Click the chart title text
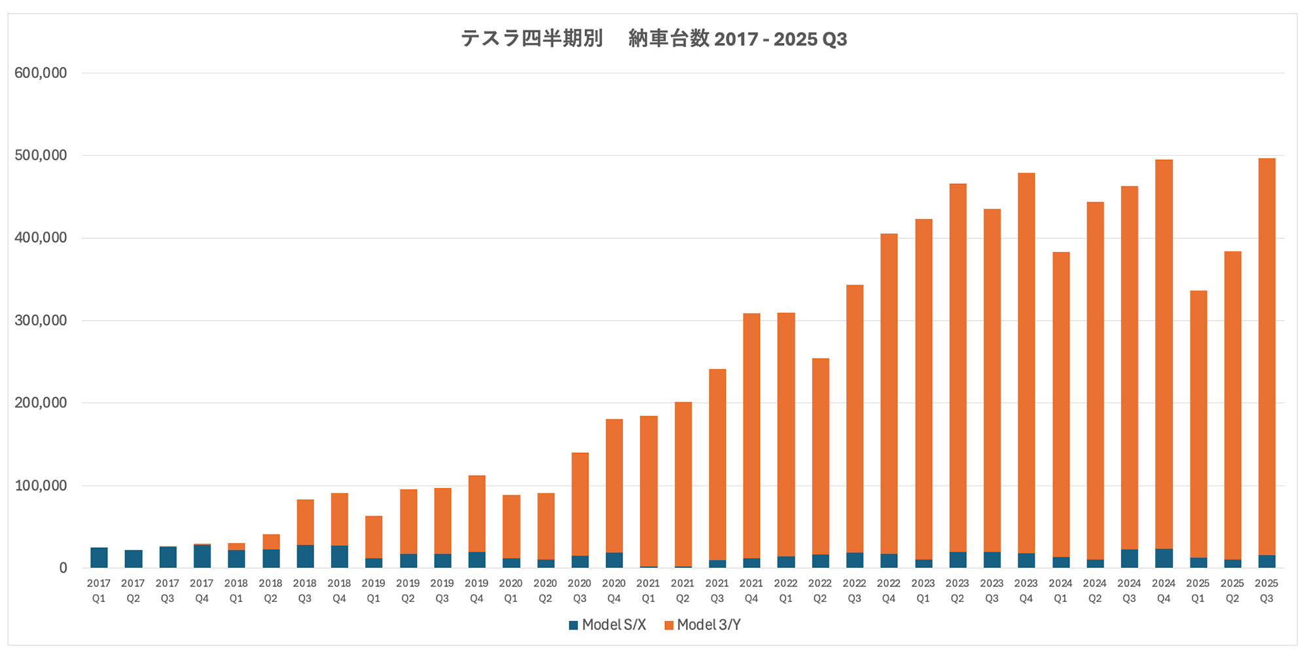tap(654, 39)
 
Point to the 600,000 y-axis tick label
tap(41, 73)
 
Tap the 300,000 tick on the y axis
tap(41, 321)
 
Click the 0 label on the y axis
tap(63, 569)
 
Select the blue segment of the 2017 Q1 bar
tap(99, 558)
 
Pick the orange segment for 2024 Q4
tap(1164, 353)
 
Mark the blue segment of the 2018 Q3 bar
tap(305, 556)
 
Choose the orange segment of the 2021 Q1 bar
tap(649, 491)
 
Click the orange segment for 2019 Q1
tap(374, 537)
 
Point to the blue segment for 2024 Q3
tap(1129, 559)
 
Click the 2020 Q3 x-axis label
tap(580, 590)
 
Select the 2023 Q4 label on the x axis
tap(1026, 590)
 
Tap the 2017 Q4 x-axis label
tap(202, 590)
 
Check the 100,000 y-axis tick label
tap(41, 486)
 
